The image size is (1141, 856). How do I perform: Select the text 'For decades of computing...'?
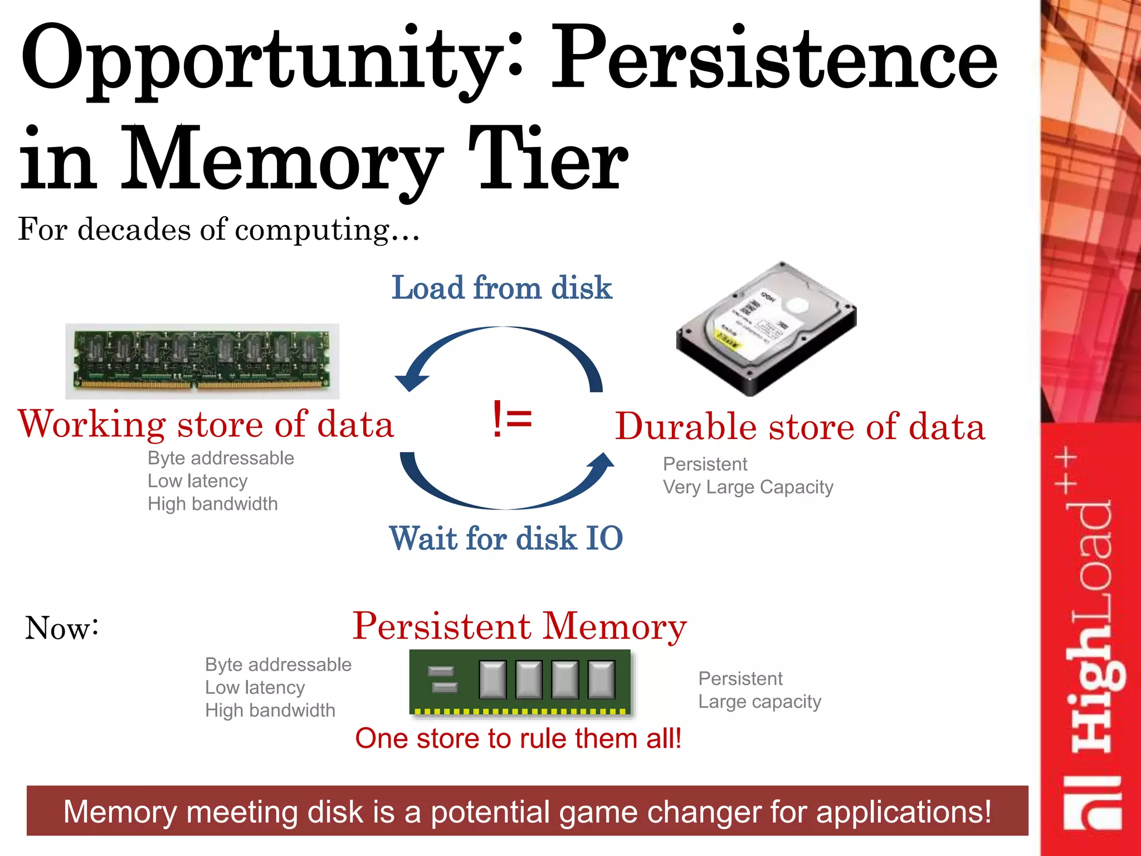coord(218,230)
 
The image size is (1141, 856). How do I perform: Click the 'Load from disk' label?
coord(501,288)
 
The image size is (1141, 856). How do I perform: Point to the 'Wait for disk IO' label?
coord(506,538)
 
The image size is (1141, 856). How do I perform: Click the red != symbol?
coord(512,420)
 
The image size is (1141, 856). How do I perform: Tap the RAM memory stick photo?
coord(202,361)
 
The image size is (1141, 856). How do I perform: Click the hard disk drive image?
coord(766,329)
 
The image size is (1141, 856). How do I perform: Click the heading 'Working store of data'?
coord(206,425)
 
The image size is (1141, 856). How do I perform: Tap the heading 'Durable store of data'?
coord(800,427)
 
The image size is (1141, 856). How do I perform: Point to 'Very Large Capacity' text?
coord(748,488)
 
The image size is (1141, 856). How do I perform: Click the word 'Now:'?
coord(62,628)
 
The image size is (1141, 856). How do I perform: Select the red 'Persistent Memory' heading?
coord(520,626)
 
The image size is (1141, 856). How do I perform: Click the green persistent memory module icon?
coord(521,682)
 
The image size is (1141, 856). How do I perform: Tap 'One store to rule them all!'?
coord(518,738)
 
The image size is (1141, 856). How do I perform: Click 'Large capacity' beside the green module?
coord(759,702)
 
